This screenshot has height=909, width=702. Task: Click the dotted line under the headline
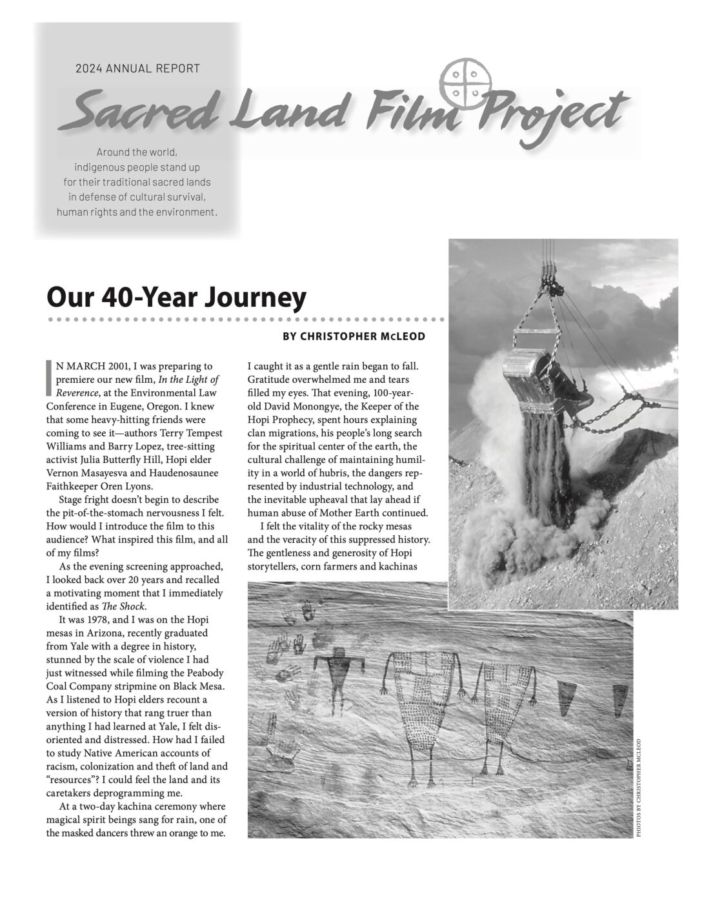click(x=245, y=320)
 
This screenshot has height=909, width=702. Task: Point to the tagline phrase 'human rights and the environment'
click(x=137, y=212)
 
